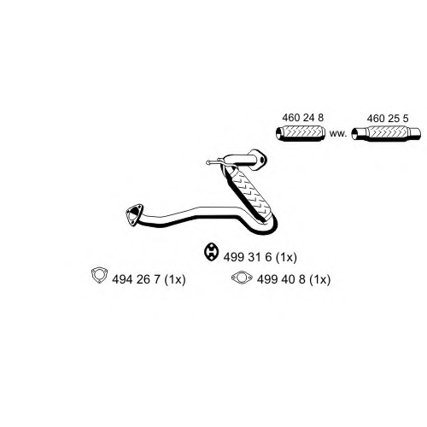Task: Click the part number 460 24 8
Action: [303, 117]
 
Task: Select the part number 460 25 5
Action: [388, 119]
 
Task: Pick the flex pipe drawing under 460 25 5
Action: [386, 133]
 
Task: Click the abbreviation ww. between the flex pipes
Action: [338, 133]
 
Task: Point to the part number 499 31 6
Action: [248, 257]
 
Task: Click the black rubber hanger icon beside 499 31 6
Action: [211, 252]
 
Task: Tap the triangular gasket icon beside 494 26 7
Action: [99, 275]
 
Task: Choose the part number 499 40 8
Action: [282, 279]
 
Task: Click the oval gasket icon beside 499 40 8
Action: [242, 278]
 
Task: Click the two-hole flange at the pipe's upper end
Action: [260, 160]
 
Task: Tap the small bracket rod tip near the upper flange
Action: [208, 163]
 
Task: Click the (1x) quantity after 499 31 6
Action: [287, 257]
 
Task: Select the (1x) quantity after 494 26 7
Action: [175, 279]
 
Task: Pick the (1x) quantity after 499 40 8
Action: [320, 279]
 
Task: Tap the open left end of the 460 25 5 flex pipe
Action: [354, 134]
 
